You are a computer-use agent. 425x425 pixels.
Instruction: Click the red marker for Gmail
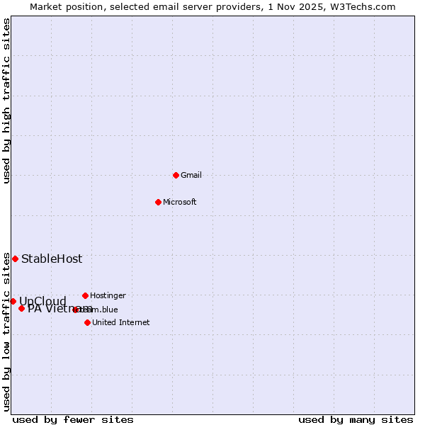[x=176, y=175]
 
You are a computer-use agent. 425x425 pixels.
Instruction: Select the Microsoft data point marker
[x=158, y=202]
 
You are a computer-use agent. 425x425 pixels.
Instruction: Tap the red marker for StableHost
[x=15, y=259]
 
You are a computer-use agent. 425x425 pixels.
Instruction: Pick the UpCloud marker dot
[x=13, y=301]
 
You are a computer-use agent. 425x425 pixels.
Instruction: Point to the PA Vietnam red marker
[x=21, y=308]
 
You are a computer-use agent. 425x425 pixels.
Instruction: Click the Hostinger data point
[x=85, y=295]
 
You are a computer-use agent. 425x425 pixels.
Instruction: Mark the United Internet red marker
[x=87, y=322]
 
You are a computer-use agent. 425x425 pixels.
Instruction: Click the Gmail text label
[x=191, y=175]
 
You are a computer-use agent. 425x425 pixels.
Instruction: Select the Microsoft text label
[x=180, y=202]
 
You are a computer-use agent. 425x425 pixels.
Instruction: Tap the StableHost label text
[x=52, y=259]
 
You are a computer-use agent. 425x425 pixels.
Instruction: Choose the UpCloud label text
[x=42, y=301]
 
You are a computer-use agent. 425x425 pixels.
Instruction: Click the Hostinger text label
[x=108, y=295]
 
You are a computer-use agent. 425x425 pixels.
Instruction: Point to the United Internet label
[x=121, y=322]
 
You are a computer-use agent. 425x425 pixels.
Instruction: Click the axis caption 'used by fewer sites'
[x=73, y=419]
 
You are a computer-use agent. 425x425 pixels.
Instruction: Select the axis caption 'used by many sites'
[x=356, y=419]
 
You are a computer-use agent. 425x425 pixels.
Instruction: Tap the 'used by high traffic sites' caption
[x=6, y=101]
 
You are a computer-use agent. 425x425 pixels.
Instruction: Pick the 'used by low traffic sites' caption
[x=6, y=331]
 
